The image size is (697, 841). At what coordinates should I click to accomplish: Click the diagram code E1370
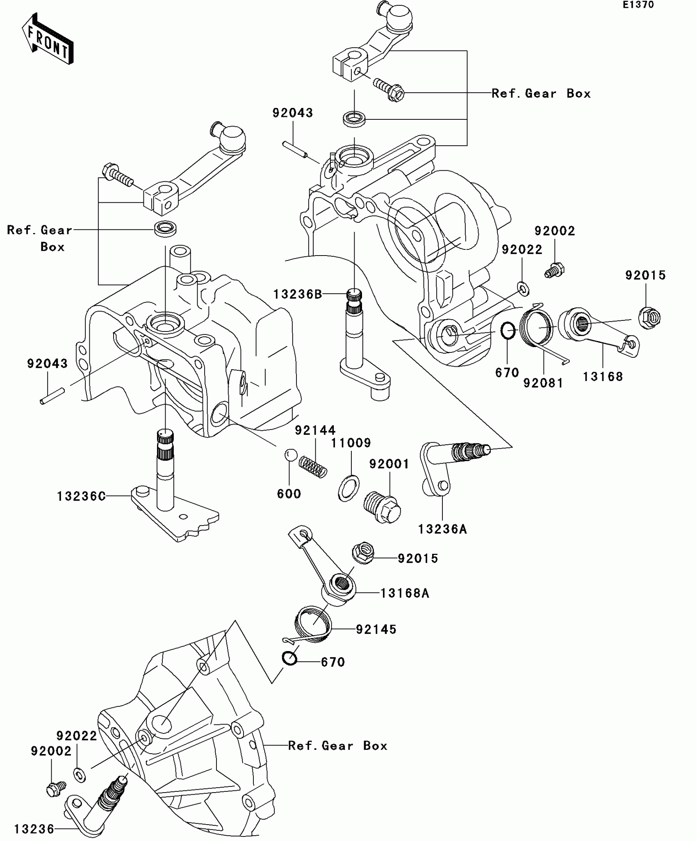coord(638,5)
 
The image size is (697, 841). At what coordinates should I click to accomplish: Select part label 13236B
coord(298,294)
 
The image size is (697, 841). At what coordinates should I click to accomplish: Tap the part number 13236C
coord(81,496)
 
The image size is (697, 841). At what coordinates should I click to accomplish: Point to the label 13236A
coord(442,529)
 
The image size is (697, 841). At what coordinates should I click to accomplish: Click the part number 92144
coord(315,430)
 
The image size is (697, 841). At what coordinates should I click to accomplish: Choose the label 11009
coord(351,443)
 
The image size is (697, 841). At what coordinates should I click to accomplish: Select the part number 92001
coord(389,464)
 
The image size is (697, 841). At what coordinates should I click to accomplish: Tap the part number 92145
coord(376,629)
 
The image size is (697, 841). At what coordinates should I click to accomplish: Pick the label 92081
coord(543,383)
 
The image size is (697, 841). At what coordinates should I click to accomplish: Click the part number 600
coord(289,494)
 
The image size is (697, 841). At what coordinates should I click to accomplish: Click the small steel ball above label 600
coord(290,455)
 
